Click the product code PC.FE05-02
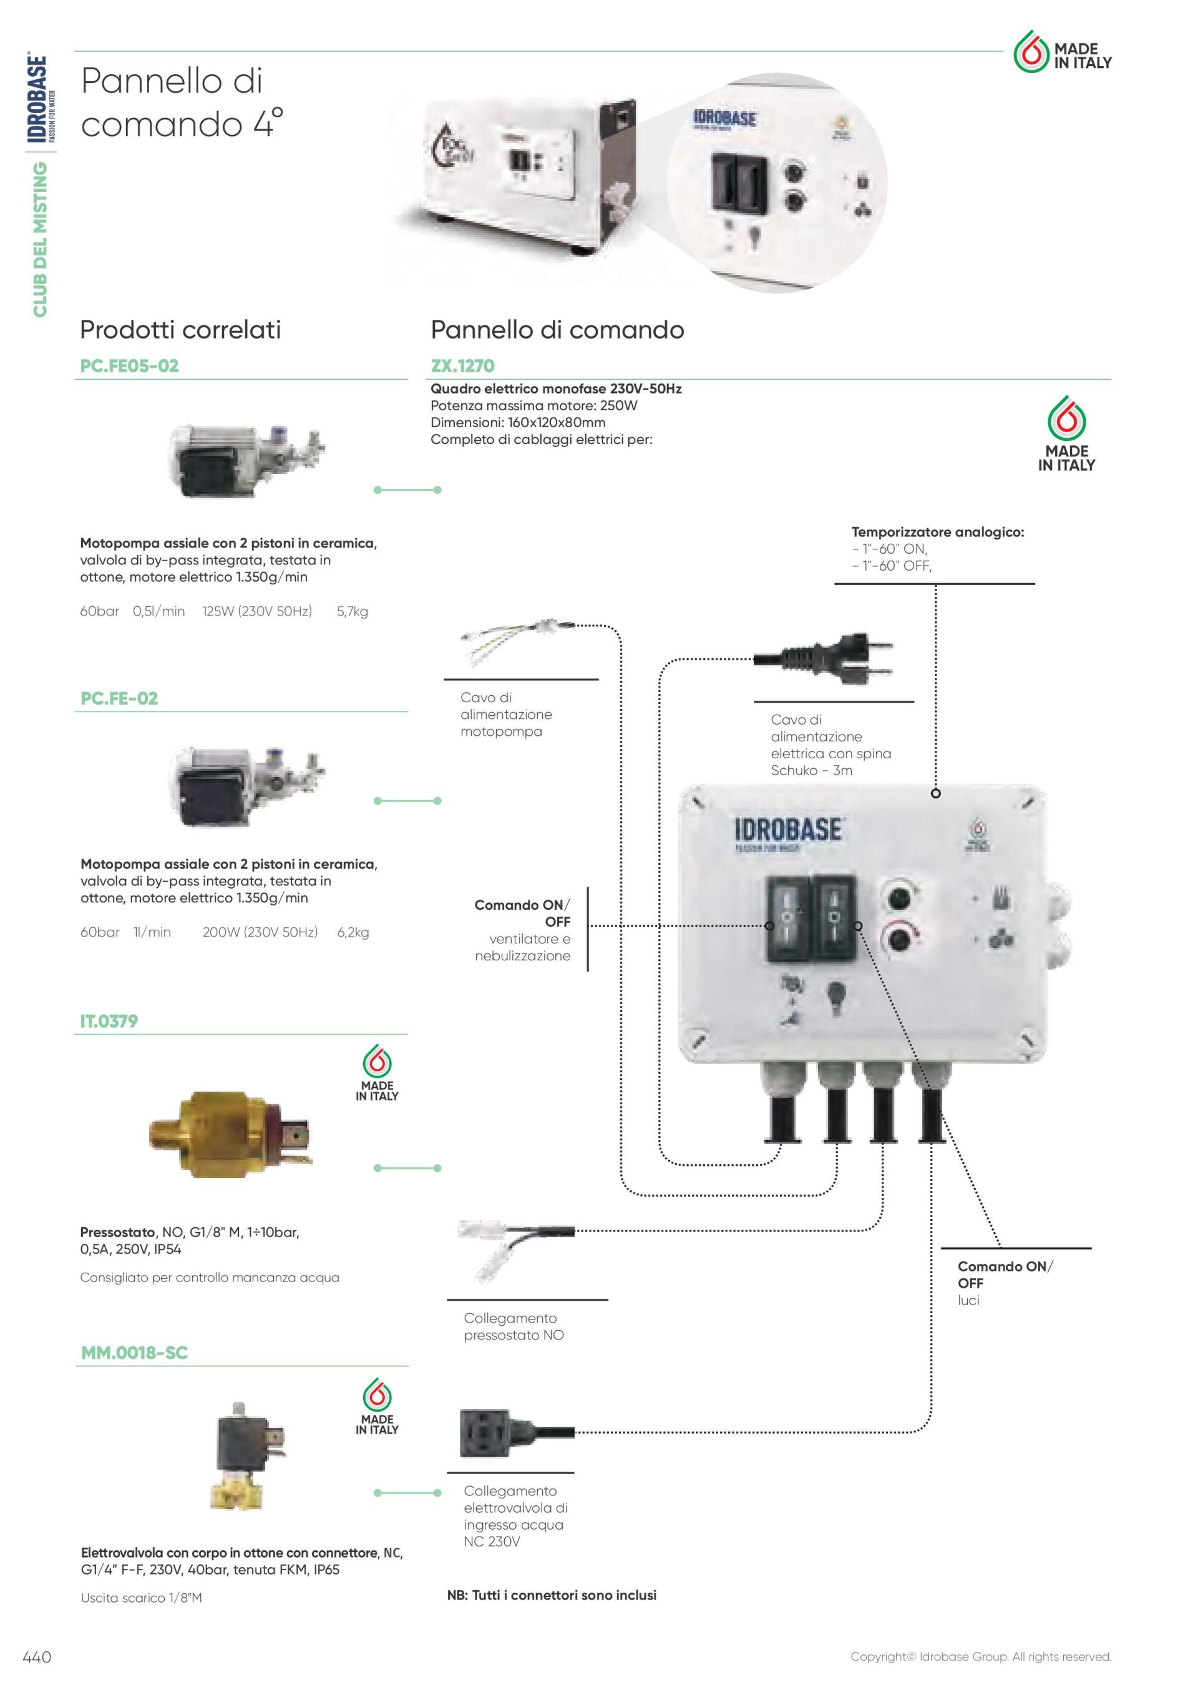pos(129,366)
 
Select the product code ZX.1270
pos(462,366)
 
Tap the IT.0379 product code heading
pos(109,1021)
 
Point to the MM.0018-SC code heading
pos(134,1353)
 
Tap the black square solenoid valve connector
pos(485,1433)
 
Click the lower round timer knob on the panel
pos(899,941)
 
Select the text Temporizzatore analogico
pos(938,532)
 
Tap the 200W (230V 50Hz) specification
pos(260,932)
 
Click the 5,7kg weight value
pos(353,611)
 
